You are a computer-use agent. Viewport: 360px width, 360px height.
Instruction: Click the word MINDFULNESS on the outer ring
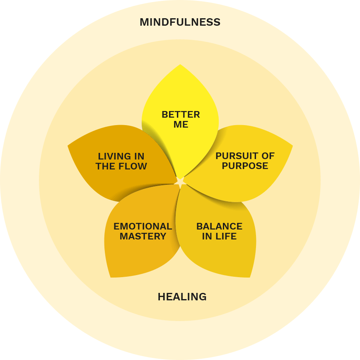click(180, 22)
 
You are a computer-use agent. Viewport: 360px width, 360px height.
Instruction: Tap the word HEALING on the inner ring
click(182, 297)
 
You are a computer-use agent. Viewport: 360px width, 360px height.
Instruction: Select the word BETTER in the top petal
click(181, 115)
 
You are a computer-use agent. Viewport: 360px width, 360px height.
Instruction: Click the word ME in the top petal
click(181, 125)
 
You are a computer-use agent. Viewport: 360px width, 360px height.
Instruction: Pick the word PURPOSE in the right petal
click(245, 166)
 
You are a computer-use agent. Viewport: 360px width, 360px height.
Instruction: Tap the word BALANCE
click(219, 227)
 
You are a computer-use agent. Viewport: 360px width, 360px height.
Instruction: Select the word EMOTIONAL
click(143, 227)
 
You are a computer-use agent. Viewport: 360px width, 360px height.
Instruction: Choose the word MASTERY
click(143, 237)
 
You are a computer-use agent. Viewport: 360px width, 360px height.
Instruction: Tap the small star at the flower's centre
click(180, 181)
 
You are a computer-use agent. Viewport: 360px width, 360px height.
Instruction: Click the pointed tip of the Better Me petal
click(180, 65)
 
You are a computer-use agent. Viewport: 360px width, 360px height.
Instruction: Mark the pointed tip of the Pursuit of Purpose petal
click(292, 146)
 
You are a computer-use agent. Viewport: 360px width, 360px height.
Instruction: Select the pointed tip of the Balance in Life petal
click(250, 277)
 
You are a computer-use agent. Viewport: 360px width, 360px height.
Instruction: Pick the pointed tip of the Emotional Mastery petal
click(111, 277)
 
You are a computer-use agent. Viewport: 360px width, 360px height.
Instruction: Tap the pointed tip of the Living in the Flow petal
click(68, 145)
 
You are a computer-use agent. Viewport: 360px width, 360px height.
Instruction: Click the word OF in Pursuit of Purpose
click(268, 156)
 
